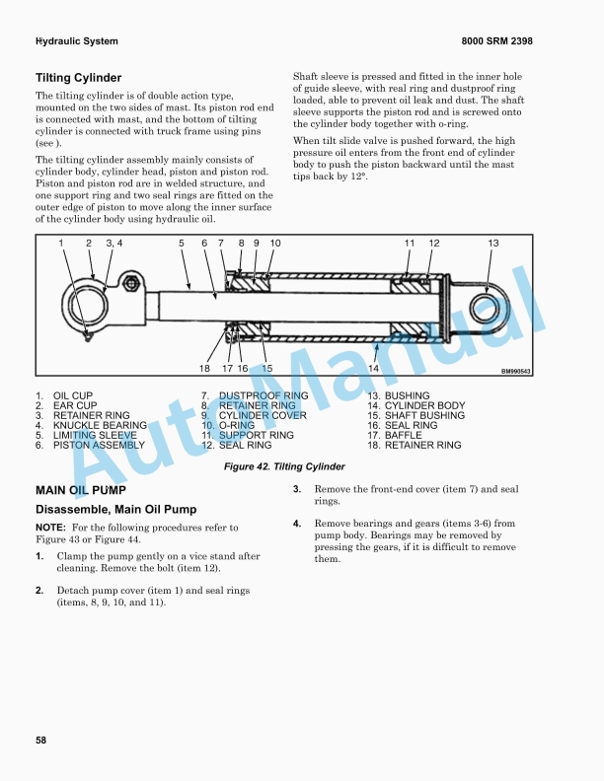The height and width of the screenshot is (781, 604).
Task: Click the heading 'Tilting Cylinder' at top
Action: click(79, 78)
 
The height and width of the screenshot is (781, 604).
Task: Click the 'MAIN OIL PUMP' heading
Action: click(81, 490)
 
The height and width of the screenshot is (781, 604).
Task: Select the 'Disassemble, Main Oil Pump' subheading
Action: click(116, 510)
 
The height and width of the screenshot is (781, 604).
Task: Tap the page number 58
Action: click(41, 740)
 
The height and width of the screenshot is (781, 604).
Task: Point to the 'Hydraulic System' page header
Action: click(77, 41)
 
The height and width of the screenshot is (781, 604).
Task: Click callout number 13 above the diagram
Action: click(493, 244)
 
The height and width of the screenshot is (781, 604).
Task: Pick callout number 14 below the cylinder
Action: click(374, 368)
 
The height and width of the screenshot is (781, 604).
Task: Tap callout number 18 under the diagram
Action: click(205, 368)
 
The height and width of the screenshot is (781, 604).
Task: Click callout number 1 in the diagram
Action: click(61, 244)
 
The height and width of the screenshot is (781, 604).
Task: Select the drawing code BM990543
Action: click(515, 372)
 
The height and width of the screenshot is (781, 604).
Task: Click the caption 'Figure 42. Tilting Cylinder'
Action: click(284, 466)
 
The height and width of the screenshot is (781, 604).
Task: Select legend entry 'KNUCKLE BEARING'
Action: click(100, 425)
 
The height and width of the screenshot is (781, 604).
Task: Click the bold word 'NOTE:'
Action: click(50, 529)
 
